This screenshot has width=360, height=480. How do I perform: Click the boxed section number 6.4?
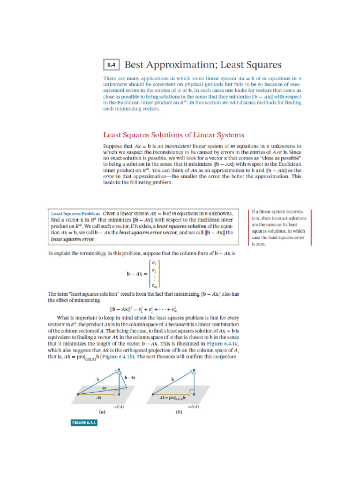click(111, 65)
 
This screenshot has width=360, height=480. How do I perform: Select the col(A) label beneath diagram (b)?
click(193, 407)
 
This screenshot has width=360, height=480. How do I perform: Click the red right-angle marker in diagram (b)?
click(191, 391)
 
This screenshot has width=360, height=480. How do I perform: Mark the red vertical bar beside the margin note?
click(248, 227)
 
